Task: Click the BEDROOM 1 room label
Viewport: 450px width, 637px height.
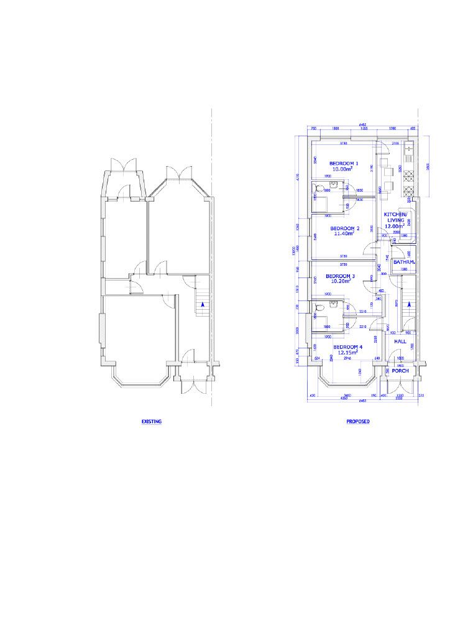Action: (x=344, y=163)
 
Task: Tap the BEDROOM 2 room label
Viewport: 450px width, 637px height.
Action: (x=344, y=228)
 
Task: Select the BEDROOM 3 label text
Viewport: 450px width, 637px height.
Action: (x=340, y=276)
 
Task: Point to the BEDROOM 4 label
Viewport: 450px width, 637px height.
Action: (x=347, y=346)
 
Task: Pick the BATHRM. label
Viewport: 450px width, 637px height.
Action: (x=403, y=263)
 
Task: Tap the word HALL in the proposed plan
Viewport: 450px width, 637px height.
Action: (x=400, y=342)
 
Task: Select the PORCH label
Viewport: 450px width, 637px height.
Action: (x=400, y=370)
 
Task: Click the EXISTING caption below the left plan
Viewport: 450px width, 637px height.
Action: (x=152, y=421)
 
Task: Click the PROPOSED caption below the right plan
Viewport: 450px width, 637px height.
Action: (x=358, y=421)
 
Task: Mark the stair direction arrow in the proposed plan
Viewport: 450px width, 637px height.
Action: (x=410, y=304)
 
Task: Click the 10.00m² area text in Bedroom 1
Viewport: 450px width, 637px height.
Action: (x=342, y=169)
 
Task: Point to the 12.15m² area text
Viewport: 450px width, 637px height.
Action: (x=347, y=353)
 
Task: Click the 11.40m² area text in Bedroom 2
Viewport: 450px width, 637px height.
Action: (x=344, y=234)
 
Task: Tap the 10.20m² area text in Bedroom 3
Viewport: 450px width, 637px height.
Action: (x=340, y=281)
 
